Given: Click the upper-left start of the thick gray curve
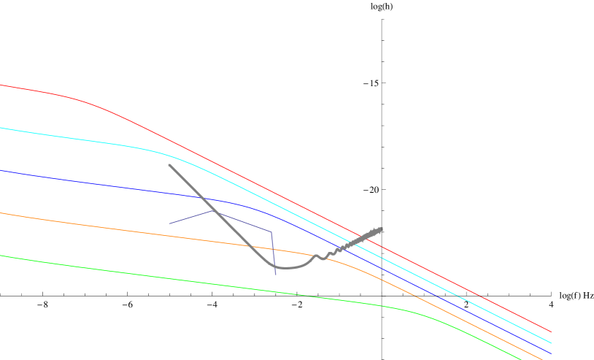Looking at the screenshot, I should [169, 165].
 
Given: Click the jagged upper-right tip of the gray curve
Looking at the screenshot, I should [382, 229].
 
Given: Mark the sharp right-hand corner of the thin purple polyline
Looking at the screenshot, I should [271, 232].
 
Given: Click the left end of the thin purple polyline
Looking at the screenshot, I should [169, 223].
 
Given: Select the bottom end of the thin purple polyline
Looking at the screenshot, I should [276, 275].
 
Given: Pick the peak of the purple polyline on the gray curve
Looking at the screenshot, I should [214, 211].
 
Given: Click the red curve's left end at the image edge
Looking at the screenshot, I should [1, 85].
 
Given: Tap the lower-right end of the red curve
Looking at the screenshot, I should [551, 332].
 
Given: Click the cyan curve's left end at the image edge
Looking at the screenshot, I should [1, 128].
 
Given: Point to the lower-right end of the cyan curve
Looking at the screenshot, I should [551, 342].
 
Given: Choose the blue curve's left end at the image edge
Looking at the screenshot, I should [1, 171].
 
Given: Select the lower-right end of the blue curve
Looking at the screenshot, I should [551, 353].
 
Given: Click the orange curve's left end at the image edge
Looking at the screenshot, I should [1, 213].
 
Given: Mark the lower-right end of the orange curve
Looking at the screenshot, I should [542, 359].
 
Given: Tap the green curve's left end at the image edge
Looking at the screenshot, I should [1, 256].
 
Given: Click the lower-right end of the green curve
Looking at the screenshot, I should [522, 359].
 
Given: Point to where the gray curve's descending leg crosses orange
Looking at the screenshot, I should [248, 245].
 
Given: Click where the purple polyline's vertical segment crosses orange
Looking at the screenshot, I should [274, 248].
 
